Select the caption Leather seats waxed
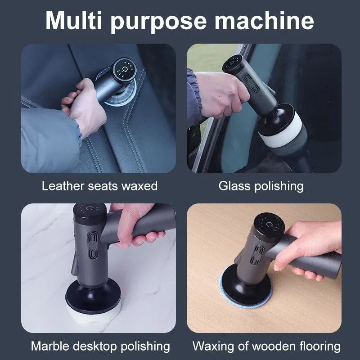point(100,186)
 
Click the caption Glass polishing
point(261,186)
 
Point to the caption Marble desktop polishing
point(100,346)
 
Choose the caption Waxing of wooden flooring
point(266,346)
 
